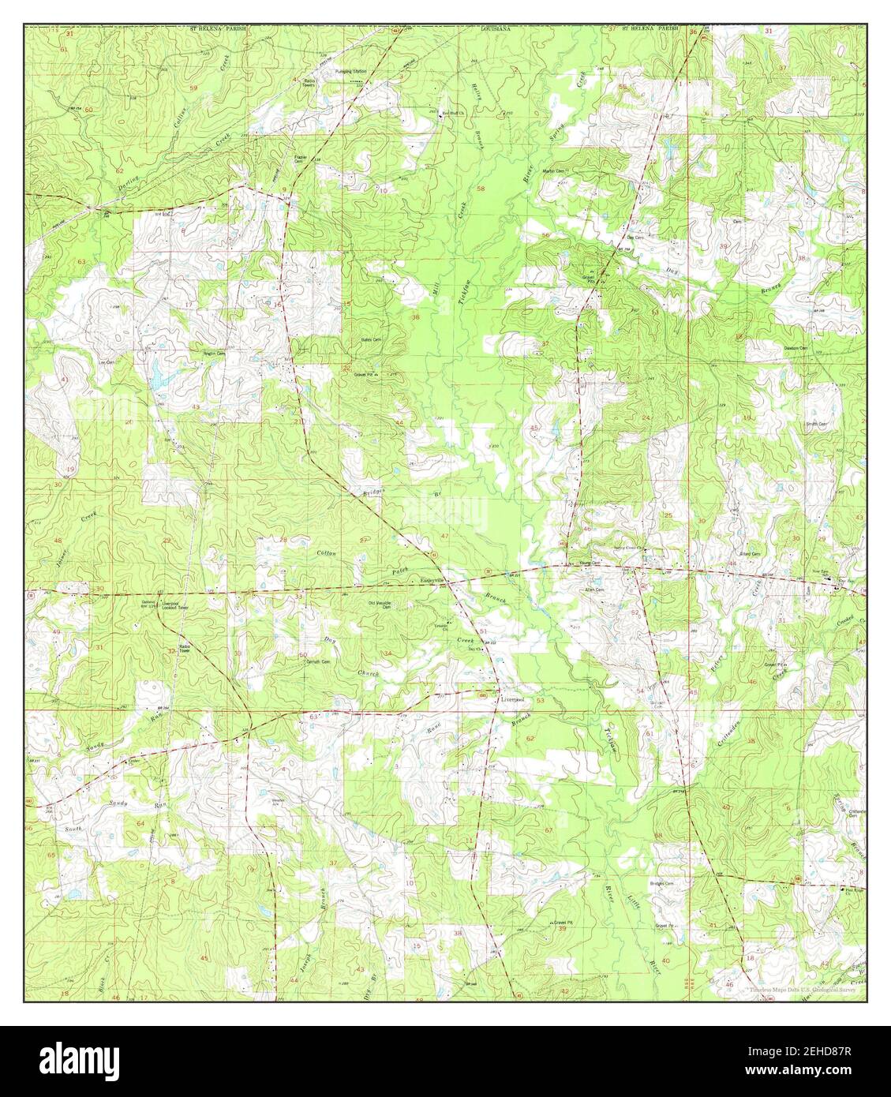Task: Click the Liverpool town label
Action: [x=511, y=699]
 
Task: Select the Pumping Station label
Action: [x=353, y=72]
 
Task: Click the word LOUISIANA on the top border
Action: [x=496, y=28]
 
